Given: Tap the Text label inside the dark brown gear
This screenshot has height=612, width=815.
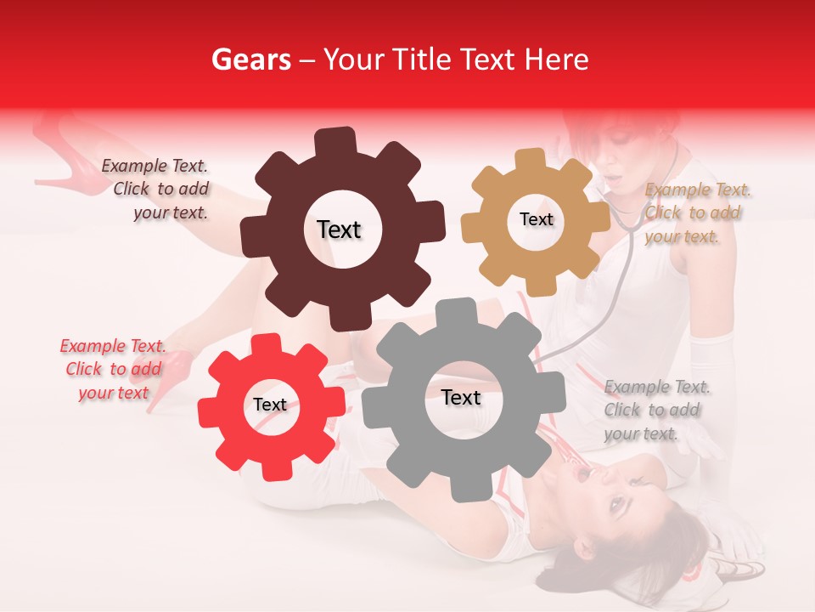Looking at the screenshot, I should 339,229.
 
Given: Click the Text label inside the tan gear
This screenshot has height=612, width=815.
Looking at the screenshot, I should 536,219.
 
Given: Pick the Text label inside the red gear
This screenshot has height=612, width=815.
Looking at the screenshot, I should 270,405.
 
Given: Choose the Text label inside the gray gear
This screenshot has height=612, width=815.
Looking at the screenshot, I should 461,398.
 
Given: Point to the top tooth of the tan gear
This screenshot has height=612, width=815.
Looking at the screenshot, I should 531,160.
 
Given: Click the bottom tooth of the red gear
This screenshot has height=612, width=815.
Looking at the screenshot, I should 272,469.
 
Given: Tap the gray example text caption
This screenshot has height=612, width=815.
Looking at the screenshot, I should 655,411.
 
